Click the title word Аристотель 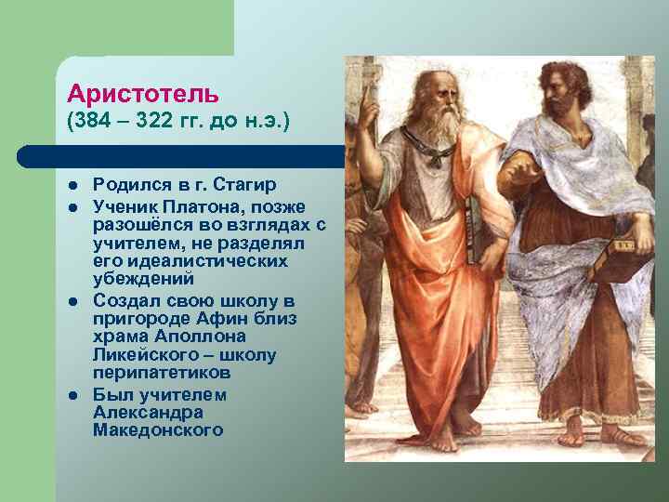(143, 94)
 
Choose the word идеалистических (190, 261)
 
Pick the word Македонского (158, 430)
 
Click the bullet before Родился (72, 187)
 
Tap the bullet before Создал (72, 302)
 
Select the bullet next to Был (72, 396)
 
